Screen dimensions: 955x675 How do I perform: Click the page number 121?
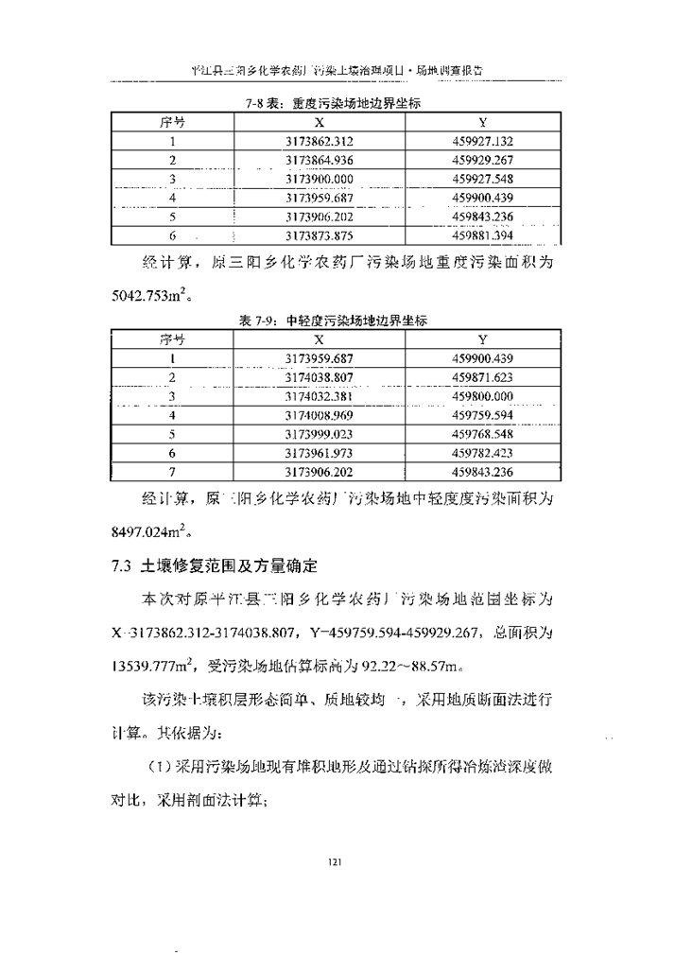tap(334, 861)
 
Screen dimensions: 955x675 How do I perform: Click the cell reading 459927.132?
tap(482, 141)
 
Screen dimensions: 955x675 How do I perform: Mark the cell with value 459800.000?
tap(482, 396)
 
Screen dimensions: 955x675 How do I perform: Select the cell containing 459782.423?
tap(482, 453)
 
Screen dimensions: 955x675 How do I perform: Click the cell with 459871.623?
tap(482, 377)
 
